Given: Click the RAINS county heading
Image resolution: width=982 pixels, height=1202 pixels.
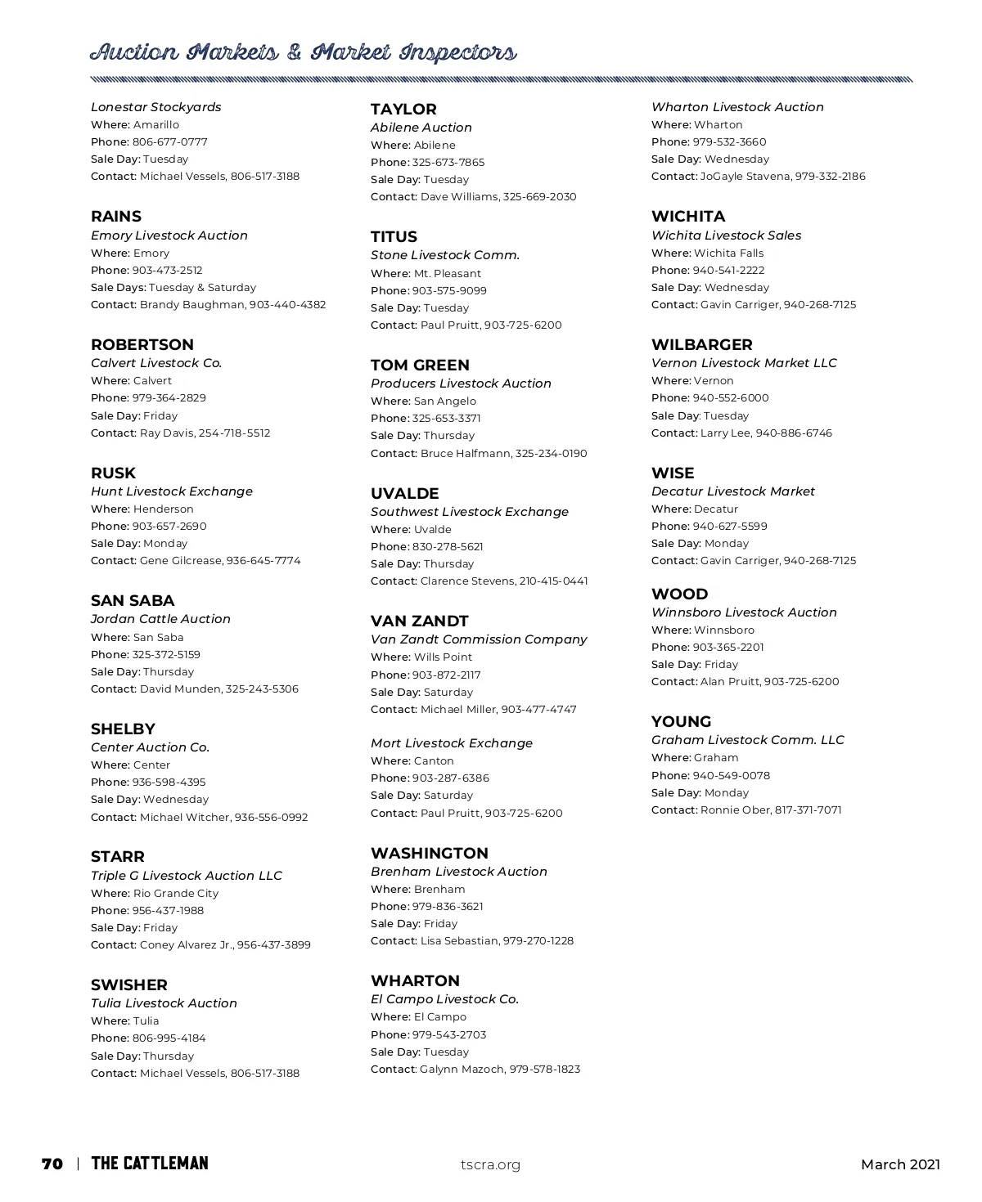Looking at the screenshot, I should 116,217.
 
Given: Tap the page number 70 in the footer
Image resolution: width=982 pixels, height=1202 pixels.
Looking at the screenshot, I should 52,1164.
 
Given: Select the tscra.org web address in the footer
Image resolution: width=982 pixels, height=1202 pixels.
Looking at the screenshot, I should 490,1164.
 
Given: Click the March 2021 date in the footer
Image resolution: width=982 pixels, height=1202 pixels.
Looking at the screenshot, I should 900,1164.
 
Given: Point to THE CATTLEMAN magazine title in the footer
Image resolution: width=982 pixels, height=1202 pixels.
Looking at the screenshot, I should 150,1164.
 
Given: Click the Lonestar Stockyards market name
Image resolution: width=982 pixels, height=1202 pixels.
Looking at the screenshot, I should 155,107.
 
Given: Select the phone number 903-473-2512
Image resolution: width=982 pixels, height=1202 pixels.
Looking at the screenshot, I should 167,270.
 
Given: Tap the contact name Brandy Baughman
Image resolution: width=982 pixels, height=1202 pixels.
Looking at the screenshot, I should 192,304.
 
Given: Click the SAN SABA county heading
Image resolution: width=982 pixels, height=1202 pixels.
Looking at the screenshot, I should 133,601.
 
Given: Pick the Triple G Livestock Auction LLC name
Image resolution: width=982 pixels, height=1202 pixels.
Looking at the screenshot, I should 187,876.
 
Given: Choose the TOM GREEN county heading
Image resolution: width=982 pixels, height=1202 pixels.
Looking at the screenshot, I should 420,366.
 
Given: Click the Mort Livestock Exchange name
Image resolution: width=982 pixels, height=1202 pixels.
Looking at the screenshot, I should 452,743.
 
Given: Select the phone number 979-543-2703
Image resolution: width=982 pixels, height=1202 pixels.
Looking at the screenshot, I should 449,1034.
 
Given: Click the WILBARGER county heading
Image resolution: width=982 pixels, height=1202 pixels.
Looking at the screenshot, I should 702,345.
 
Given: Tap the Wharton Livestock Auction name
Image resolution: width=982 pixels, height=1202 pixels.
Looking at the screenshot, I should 737,107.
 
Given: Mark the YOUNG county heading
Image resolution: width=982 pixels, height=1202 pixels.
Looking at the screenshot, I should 682,722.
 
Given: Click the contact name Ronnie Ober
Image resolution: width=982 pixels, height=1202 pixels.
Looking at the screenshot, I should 736,810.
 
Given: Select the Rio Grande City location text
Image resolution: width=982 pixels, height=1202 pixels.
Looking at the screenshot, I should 176,893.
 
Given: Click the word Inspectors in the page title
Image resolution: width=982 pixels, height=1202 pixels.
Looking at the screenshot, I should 457,53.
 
